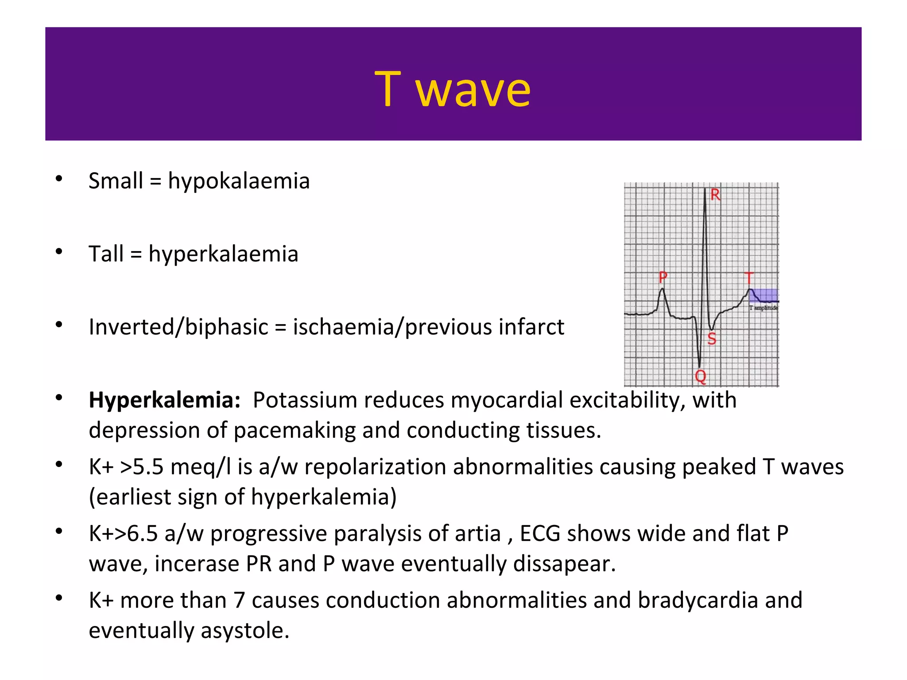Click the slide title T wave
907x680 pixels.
(x=452, y=90)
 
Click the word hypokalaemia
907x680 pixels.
(x=239, y=182)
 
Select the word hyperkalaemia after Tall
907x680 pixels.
(x=223, y=255)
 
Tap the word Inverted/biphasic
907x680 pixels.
(x=178, y=328)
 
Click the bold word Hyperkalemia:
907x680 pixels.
(x=164, y=400)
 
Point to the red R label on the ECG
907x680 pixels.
(x=715, y=195)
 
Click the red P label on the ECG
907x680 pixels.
(x=663, y=278)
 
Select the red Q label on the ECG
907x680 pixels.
(x=700, y=377)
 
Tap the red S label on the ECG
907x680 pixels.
(x=712, y=339)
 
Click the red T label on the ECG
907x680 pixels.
(x=749, y=278)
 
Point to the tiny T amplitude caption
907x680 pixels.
(x=764, y=308)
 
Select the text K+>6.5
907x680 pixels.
(x=123, y=534)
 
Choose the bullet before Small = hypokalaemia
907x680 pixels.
(x=59, y=179)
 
